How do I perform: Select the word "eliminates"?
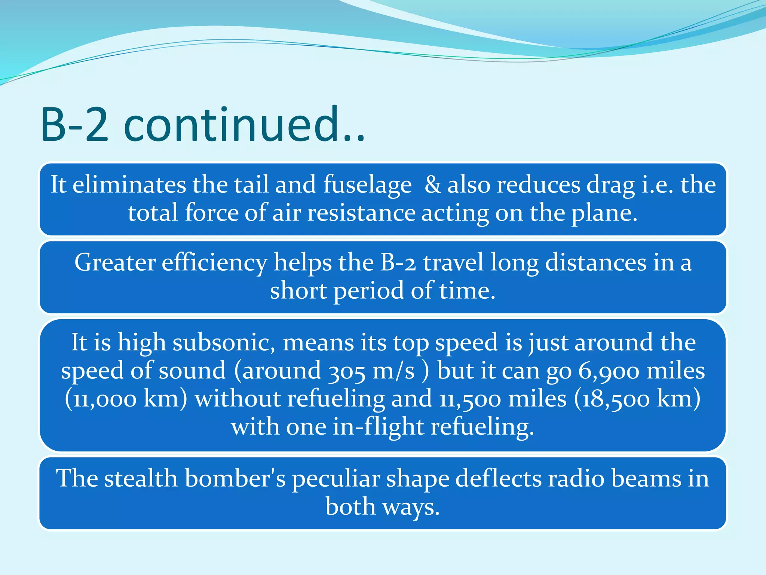click(x=129, y=185)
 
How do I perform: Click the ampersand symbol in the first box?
click(x=433, y=185)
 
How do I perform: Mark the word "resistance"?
click(x=361, y=213)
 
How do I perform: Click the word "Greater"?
click(x=115, y=262)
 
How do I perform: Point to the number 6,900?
click(x=609, y=371)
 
